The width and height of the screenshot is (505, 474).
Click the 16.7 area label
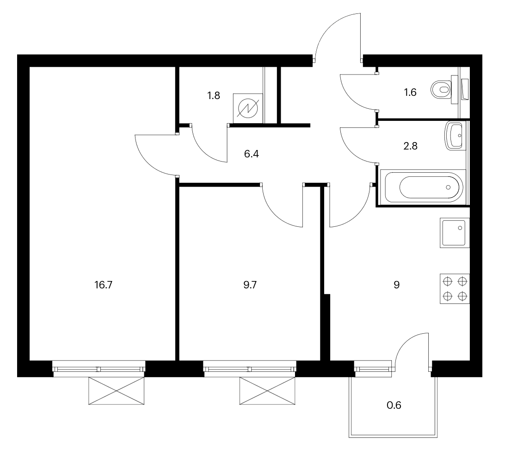click(x=104, y=285)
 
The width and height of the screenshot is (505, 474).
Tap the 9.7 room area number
click(x=250, y=285)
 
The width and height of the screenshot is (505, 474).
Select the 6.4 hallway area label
click(x=251, y=154)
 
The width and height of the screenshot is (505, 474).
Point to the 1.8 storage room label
click(x=214, y=96)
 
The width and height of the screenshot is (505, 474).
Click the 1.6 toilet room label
click(x=410, y=93)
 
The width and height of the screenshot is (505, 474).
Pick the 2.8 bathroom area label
click(x=410, y=146)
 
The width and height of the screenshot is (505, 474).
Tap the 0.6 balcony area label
click(x=394, y=405)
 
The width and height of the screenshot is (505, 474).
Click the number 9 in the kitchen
click(x=397, y=285)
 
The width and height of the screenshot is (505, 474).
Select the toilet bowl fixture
click(x=444, y=89)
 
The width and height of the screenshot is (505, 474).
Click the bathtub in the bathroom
click(x=423, y=187)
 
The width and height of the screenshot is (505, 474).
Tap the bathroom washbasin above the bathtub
click(x=455, y=136)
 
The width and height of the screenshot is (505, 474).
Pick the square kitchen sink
click(x=455, y=233)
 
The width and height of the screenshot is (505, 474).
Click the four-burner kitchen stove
click(x=455, y=289)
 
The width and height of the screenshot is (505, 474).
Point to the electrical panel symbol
click(x=248, y=108)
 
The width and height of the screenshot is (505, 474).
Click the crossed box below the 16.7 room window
click(x=116, y=391)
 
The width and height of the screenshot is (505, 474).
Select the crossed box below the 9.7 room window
click(x=267, y=391)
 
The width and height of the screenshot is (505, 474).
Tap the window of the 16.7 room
click(x=99, y=368)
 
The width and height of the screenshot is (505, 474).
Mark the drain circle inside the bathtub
click(x=448, y=187)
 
